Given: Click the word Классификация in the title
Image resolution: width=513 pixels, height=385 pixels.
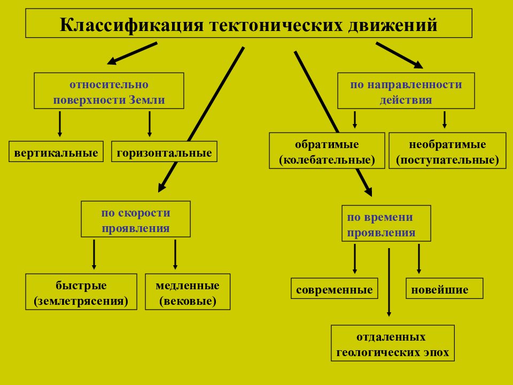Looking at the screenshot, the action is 131,25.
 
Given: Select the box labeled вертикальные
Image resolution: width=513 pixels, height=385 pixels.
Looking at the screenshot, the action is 56,151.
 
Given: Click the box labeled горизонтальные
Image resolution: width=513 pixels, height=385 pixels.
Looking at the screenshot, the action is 164,151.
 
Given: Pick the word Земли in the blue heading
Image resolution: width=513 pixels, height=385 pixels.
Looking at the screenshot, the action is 146,99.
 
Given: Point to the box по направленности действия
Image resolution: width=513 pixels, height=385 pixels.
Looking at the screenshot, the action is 406,91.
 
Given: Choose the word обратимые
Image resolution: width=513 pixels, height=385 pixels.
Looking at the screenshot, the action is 327,144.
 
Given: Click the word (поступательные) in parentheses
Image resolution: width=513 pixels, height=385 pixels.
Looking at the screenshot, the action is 447,160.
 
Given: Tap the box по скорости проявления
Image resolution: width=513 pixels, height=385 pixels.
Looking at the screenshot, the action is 136,219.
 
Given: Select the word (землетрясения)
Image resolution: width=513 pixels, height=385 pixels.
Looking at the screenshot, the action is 81,301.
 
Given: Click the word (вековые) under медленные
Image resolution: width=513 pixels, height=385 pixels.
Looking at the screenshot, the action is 188,301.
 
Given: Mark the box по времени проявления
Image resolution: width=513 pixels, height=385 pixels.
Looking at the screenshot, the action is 386,224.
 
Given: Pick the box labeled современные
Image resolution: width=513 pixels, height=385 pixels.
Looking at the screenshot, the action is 335,288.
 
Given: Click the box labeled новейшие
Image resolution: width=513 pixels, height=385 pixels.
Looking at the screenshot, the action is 444,288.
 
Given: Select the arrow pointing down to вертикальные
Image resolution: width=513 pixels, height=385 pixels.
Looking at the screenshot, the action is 59,124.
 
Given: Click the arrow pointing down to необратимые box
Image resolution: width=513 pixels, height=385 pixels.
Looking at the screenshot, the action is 444,119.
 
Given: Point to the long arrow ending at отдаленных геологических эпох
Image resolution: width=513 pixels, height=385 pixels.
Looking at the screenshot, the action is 389,282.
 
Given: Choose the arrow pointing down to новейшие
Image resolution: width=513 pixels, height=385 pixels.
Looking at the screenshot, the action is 419,259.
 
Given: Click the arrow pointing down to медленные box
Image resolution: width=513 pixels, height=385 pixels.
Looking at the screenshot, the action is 175,255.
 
